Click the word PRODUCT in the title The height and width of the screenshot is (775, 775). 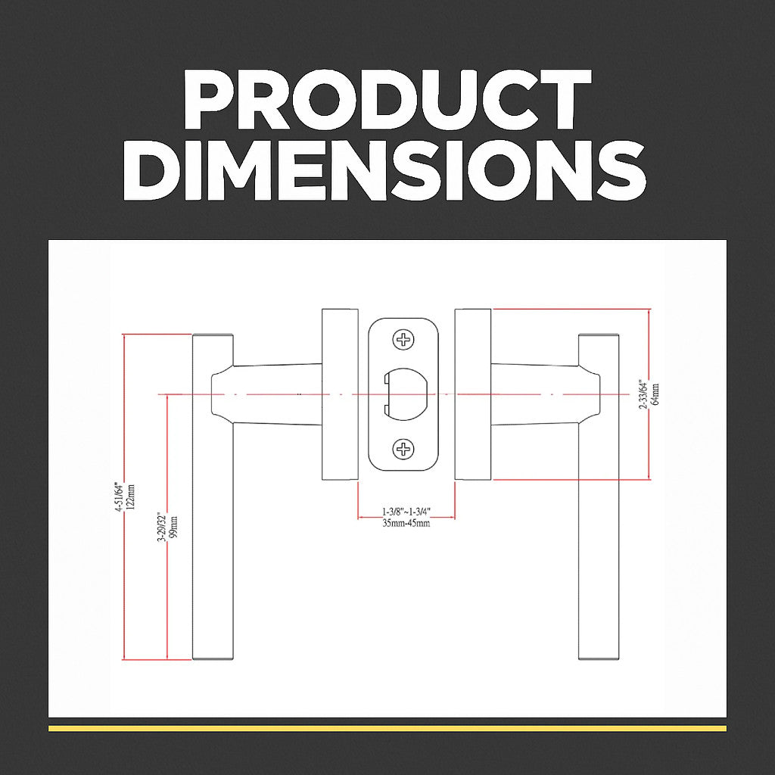click(x=387, y=99)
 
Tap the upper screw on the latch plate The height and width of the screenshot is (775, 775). click(x=403, y=340)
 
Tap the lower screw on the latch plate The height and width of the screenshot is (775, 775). click(x=403, y=450)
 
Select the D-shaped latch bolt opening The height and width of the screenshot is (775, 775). click(x=406, y=394)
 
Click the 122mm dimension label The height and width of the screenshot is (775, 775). click(x=131, y=497)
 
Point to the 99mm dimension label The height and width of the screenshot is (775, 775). click(x=173, y=528)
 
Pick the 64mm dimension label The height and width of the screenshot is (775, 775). click(x=655, y=394)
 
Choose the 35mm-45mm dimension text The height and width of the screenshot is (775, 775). click(x=406, y=524)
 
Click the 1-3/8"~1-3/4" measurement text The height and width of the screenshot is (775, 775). click(x=406, y=511)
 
